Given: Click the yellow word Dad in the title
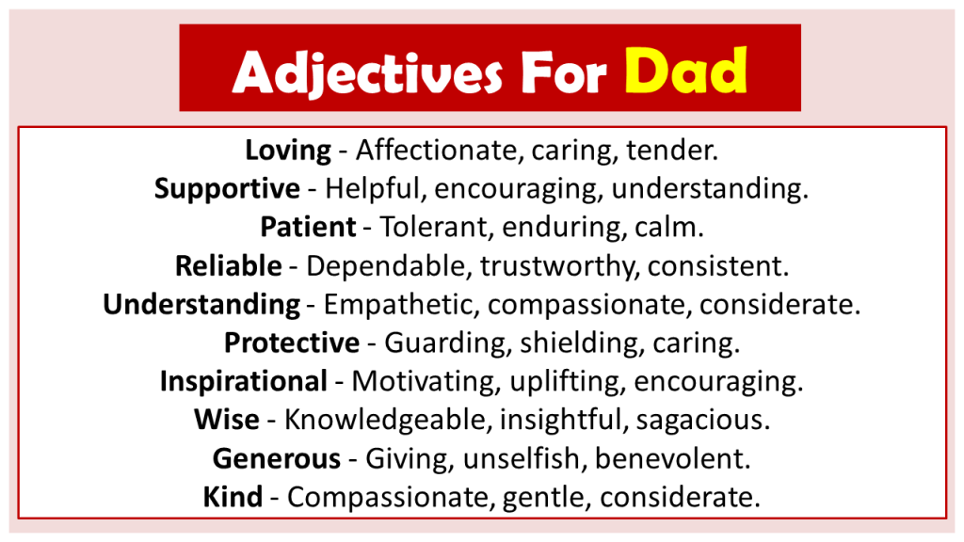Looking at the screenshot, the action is click(685, 71).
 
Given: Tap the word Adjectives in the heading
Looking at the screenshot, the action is click(368, 73).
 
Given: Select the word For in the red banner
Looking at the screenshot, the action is click(564, 72).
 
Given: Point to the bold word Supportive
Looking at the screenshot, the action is click(227, 189).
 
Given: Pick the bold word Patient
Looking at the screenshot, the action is click(308, 227).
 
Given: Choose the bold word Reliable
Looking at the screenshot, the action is click(228, 265).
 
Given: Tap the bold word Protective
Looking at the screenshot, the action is click(292, 343).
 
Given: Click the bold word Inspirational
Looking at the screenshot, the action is click(244, 382).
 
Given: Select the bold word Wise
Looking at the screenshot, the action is click(227, 420).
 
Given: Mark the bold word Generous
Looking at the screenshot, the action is click(277, 458).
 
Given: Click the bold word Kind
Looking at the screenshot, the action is click(233, 497).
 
